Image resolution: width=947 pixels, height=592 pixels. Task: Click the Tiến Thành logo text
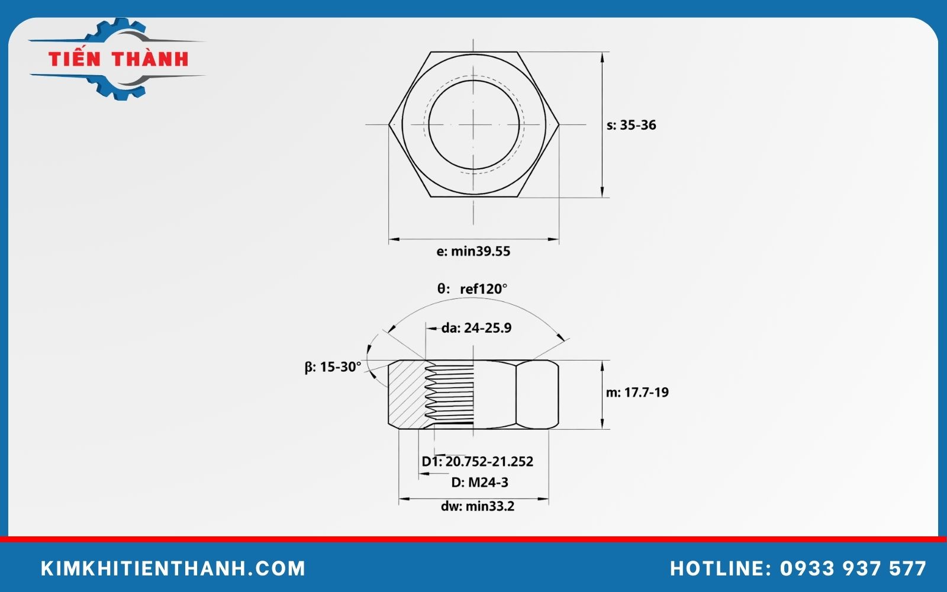point(118,59)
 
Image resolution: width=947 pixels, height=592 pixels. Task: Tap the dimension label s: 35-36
point(632,125)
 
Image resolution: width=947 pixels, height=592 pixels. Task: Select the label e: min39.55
point(473,251)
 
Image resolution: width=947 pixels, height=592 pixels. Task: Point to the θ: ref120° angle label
point(472,289)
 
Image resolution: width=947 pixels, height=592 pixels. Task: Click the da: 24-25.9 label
point(476,328)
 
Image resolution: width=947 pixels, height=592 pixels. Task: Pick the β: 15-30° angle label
point(333,367)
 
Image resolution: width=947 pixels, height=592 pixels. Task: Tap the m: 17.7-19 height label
point(637,392)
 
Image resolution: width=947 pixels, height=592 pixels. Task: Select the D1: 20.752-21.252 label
point(477,461)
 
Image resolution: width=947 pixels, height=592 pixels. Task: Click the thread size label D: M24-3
point(479,482)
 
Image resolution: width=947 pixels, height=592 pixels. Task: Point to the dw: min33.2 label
point(477,506)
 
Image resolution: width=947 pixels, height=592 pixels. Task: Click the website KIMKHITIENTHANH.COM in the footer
point(173,568)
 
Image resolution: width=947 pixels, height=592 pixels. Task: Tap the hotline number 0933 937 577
point(853,568)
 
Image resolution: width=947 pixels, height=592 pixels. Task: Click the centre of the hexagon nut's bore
point(474,124)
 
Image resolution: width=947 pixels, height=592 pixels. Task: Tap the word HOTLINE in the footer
point(717,568)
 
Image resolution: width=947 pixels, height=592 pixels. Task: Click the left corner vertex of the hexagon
point(389,124)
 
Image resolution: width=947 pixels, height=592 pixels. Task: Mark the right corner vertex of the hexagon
point(558,124)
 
